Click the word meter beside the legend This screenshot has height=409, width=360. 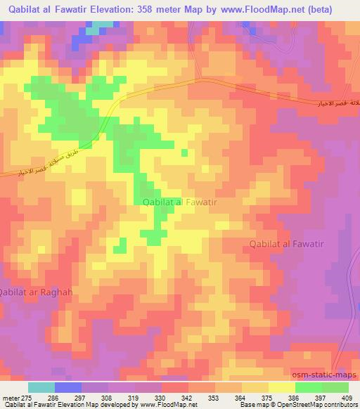[12, 398]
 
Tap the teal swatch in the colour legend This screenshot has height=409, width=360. [41, 388]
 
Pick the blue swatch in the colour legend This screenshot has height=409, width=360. [68, 388]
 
